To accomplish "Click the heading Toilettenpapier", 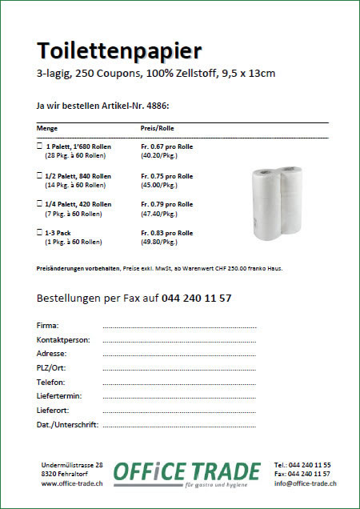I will point(119,51).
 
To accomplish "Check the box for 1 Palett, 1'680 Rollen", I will point(40,147).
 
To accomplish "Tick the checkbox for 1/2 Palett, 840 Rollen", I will point(40,176).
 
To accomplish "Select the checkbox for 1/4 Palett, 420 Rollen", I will point(40,205).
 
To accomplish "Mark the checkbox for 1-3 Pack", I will point(40,233).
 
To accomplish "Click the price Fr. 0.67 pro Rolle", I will point(166,147).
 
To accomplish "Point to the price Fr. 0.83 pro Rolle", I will point(166,233).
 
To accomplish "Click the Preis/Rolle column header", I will point(158,128).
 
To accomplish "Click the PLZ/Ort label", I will point(54,367).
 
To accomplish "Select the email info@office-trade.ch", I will point(304,483).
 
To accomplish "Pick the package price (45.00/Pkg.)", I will point(160,185).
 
